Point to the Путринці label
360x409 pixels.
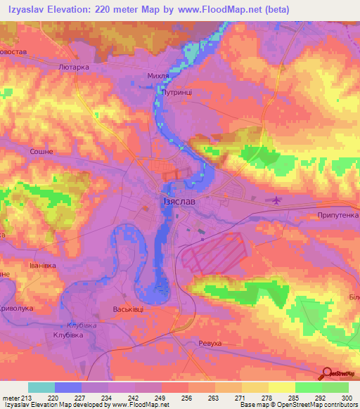click(x=172, y=91)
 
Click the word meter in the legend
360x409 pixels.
click(x=13, y=398)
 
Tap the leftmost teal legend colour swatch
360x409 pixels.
click(x=41, y=387)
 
